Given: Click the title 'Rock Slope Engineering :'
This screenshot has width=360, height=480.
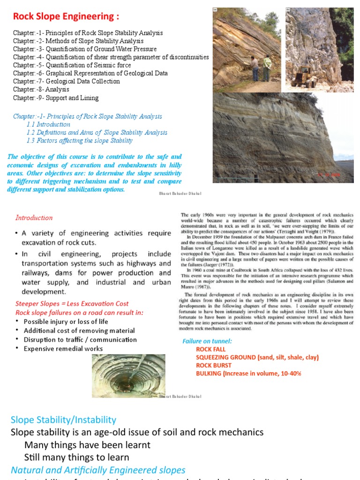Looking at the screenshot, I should [x=66, y=17].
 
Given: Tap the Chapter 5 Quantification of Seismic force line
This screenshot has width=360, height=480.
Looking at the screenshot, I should [x=72, y=65].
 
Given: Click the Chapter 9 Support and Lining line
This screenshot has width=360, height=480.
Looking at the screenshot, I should [x=56, y=98].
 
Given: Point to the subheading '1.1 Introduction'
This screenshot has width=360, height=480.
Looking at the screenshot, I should [x=48, y=125].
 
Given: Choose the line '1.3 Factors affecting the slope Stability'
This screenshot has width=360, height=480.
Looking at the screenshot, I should [x=79, y=141].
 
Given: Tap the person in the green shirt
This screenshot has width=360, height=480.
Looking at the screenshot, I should [x=267, y=68].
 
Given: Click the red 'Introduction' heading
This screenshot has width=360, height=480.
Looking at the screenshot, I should [x=34, y=217].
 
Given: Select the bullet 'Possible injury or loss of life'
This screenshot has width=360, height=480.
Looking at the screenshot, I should [x=66, y=322].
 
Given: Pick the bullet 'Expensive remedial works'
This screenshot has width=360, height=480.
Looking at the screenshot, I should [x=63, y=348].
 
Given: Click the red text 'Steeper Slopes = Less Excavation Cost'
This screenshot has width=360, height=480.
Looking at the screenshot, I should [x=72, y=304].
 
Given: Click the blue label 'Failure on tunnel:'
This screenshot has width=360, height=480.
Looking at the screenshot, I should [x=207, y=341].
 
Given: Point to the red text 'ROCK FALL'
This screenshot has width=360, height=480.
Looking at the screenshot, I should [x=210, y=349].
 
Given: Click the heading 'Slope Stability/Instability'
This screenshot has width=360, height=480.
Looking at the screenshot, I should [x=63, y=420].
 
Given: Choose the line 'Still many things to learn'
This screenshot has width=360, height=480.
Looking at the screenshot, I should [x=77, y=457].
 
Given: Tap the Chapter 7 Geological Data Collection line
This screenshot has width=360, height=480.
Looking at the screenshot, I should [x=67, y=82].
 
